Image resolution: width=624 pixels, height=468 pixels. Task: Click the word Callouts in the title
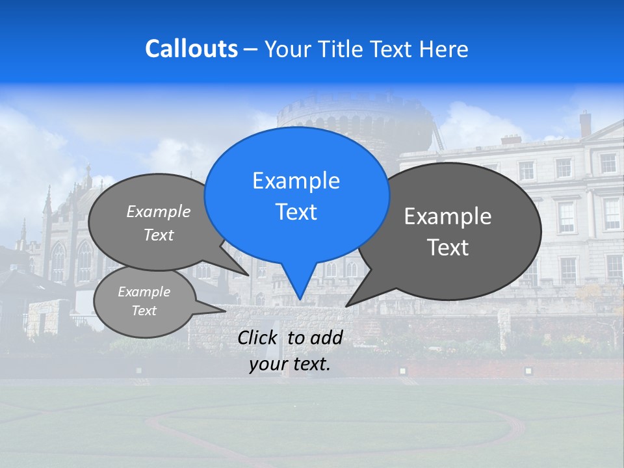[x=191, y=49]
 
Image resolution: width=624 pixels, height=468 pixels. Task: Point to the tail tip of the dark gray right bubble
[x=348, y=305]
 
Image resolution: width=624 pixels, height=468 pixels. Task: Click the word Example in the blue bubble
[x=296, y=181]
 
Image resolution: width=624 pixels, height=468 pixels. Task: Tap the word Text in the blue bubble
[x=296, y=212]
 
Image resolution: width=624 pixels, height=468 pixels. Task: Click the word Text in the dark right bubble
[x=448, y=248]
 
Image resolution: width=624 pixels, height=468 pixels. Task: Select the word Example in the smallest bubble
[x=144, y=292]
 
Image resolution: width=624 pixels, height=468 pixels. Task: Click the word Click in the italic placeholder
[x=258, y=337]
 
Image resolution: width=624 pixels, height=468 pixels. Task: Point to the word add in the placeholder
[x=326, y=337]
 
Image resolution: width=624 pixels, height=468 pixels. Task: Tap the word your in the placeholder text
[x=268, y=365]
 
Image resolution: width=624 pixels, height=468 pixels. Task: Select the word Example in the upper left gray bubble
[x=159, y=211]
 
